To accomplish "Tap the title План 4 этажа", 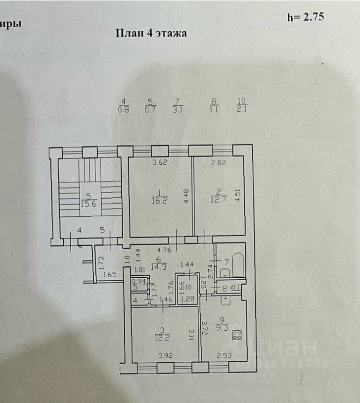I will tap(151, 33).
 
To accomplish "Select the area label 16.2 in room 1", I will tap(158, 201).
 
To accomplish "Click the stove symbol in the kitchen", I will tap(236, 334).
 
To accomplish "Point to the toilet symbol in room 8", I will tap(234, 288).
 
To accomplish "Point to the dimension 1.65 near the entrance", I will tap(109, 274).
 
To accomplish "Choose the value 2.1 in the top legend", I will tap(241, 110).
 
